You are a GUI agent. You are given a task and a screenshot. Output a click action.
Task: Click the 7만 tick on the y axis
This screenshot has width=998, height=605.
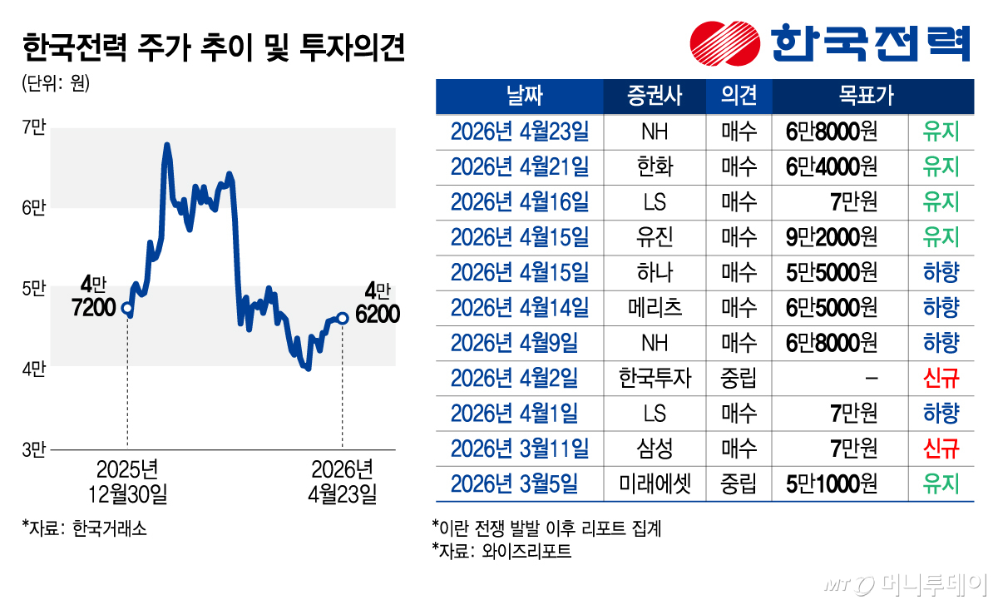point(35,127)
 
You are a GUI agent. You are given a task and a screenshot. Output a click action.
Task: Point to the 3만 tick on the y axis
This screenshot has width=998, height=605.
point(35,449)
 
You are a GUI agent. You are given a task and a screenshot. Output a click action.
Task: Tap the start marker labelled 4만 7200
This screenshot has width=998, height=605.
point(127,308)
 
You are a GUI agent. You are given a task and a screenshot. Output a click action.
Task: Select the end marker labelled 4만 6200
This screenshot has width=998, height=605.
point(343,317)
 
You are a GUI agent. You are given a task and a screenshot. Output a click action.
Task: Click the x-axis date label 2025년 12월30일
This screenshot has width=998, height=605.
point(127,481)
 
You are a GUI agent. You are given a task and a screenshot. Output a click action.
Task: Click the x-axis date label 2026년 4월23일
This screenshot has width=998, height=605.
point(342,481)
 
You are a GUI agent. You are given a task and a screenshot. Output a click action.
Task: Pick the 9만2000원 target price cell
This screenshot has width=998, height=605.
point(832,237)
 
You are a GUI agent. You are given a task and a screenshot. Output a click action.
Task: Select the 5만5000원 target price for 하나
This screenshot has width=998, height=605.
point(832,273)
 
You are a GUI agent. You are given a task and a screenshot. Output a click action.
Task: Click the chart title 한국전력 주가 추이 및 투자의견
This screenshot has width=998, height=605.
point(215,48)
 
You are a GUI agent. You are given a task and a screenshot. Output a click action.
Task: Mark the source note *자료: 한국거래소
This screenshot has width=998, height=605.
point(85,528)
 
